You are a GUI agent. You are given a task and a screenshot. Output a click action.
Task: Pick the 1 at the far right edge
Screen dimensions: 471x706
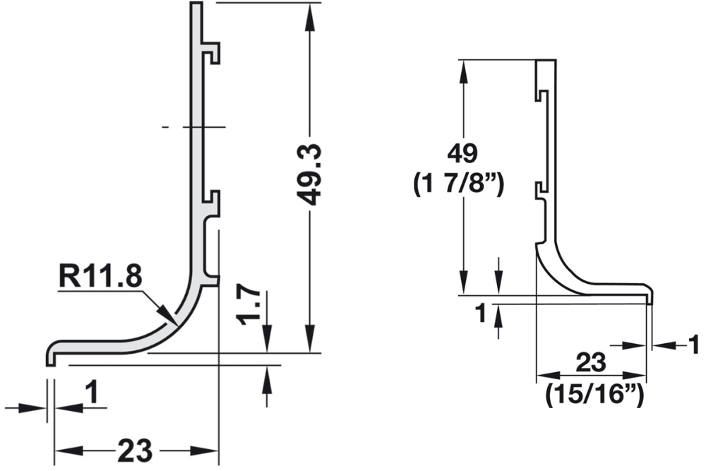694,345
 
